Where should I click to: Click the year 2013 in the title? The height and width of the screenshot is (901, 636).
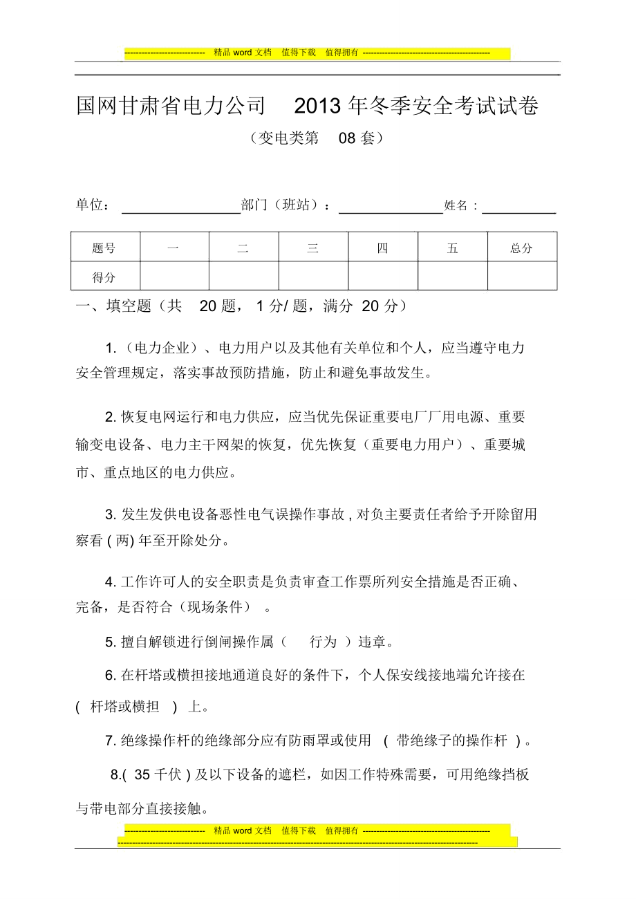(317, 106)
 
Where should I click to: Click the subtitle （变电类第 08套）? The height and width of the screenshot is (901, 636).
(317, 138)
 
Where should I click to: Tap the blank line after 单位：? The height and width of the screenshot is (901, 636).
(180, 210)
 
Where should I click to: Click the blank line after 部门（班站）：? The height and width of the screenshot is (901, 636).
(391, 210)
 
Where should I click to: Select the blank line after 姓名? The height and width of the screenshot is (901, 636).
(519, 210)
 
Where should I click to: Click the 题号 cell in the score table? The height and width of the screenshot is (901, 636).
(104, 248)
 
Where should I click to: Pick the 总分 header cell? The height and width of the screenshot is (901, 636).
(522, 248)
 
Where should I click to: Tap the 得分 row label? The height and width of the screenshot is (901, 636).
(104, 277)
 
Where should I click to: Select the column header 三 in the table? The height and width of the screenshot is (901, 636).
(313, 248)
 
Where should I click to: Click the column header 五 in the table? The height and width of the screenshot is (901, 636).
(452, 248)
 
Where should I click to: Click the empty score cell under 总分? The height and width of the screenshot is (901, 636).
(522, 277)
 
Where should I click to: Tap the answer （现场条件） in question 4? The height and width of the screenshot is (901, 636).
(215, 607)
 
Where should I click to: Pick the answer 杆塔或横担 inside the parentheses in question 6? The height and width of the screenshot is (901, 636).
(125, 707)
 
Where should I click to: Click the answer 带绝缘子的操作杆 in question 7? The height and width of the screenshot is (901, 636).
(452, 741)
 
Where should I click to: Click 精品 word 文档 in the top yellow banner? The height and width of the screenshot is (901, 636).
(243, 53)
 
